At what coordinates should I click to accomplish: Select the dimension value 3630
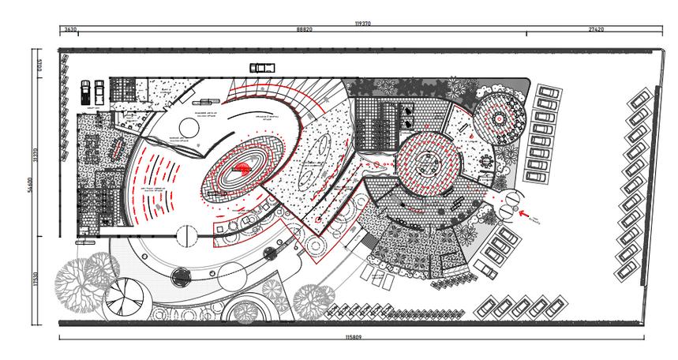tap(70, 30)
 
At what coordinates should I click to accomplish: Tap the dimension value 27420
tap(596, 30)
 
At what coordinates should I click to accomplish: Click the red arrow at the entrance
tap(523, 212)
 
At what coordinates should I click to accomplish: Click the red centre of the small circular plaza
tap(499, 117)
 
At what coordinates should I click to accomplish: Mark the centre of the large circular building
tap(427, 165)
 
